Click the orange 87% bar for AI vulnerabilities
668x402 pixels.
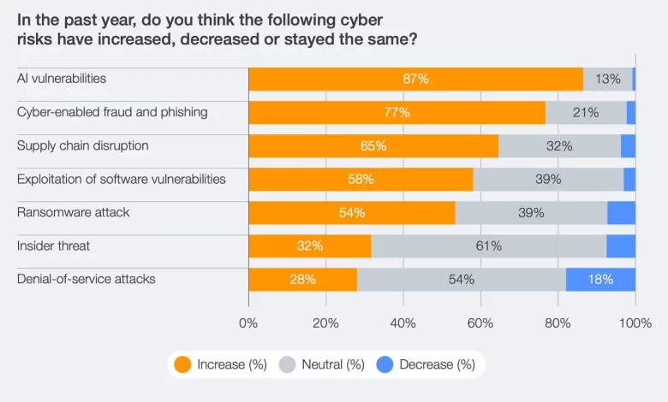coord(416,79)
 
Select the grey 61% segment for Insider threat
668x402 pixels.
coord(489,246)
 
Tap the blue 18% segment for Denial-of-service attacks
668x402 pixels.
coord(600,280)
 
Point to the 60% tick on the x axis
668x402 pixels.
coord(480,323)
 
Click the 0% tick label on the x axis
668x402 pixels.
coord(248,323)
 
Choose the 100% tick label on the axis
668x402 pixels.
coord(635,323)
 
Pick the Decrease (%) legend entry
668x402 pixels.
coord(426,364)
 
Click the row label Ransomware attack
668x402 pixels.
coord(74,212)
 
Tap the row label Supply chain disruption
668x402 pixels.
coord(83,145)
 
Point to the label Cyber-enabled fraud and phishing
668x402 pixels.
coord(112,112)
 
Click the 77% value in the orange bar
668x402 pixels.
coord(397,113)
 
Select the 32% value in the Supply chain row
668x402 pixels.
coord(559,146)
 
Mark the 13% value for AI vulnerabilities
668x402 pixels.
coord(608,79)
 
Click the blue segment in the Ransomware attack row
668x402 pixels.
coord(622,213)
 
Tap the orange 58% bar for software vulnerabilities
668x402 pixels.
coord(361,180)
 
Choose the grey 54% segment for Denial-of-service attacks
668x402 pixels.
coord(462,280)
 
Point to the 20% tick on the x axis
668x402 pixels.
coord(325,323)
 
